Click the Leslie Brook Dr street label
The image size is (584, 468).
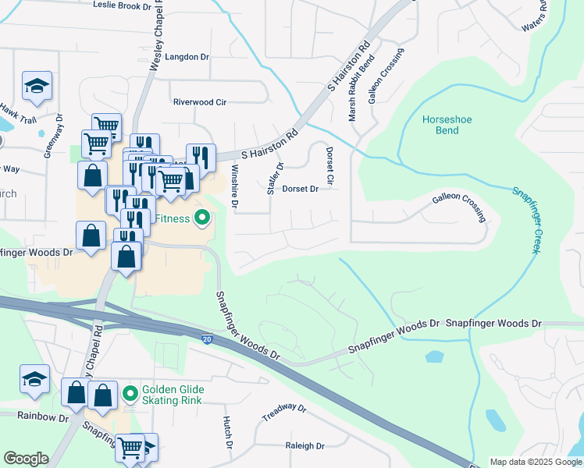tap(122, 5)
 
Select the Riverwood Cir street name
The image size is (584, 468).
tap(199, 102)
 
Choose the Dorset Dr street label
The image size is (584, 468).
tap(301, 189)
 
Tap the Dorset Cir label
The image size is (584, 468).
tap(329, 166)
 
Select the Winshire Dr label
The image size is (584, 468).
tap(234, 186)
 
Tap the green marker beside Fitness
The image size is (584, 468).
tap(202, 218)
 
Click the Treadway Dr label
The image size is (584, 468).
tap(282, 411)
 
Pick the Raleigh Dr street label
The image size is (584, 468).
tap(304, 446)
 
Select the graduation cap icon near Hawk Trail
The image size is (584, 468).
tap(36, 86)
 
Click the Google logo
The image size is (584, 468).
tap(26, 459)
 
